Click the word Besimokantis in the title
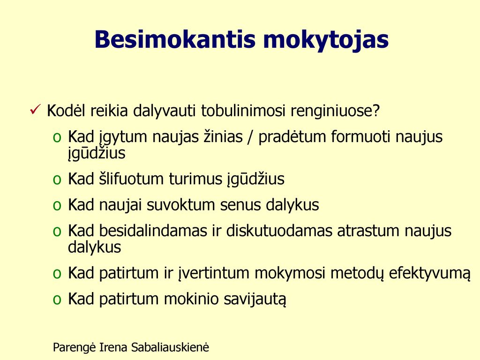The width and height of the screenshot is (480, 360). [x=175, y=39]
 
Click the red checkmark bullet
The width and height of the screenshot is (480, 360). [x=35, y=109]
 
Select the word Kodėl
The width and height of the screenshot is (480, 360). [x=66, y=111]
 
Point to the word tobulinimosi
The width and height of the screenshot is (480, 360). [x=243, y=111]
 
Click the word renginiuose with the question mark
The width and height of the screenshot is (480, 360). [x=335, y=111]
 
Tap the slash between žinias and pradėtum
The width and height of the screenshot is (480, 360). [x=250, y=137]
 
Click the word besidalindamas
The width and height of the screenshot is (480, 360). [x=153, y=231]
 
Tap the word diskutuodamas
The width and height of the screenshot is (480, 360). [x=279, y=231]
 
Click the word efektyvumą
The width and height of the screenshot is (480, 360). [x=429, y=274]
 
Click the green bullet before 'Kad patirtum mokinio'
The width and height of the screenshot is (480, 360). [x=57, y=300]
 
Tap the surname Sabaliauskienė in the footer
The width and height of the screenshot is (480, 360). [x=170, y=347]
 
